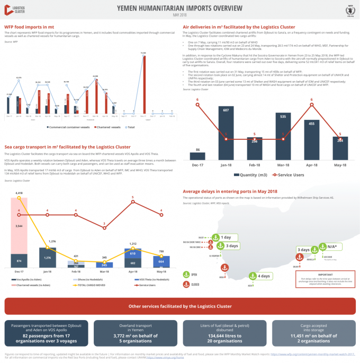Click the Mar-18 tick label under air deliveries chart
tap(283, 164)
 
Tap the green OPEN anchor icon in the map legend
tap(186, 274)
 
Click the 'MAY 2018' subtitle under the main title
tap(180, 15)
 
